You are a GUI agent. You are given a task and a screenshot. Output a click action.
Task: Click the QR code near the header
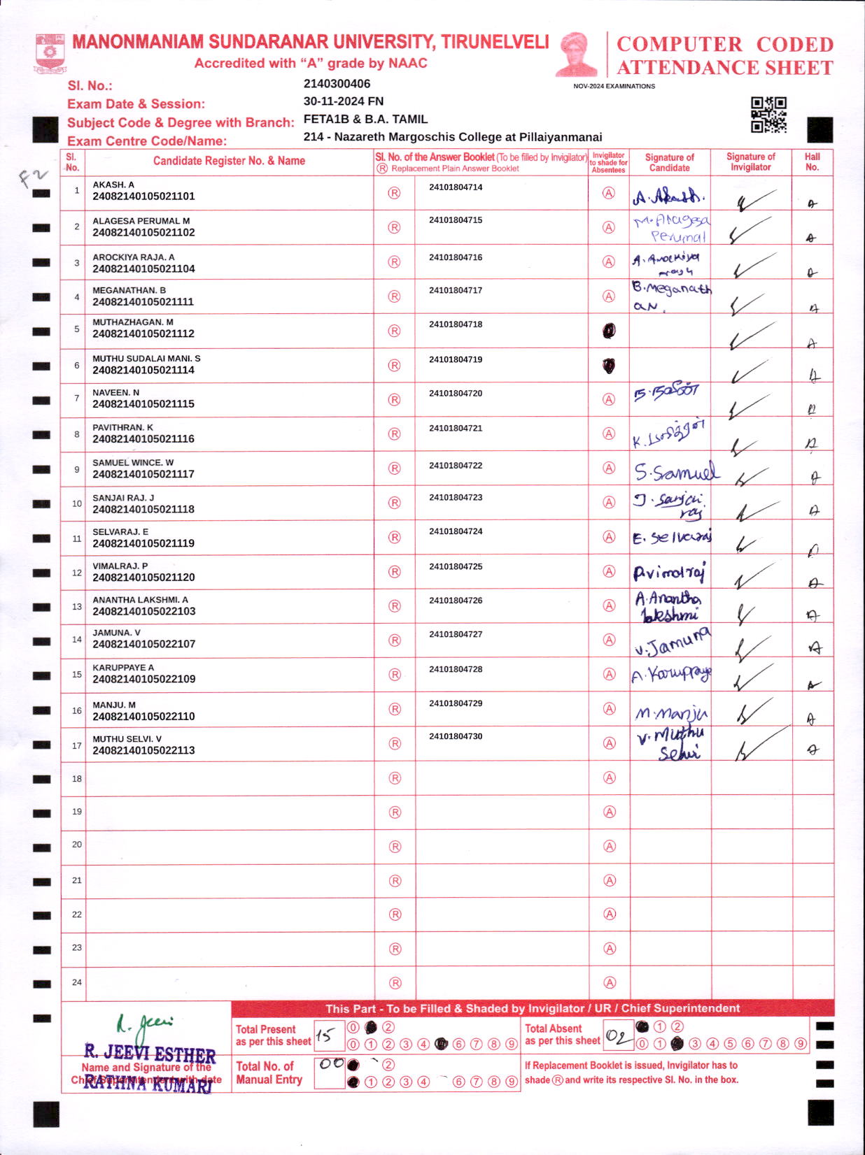768,115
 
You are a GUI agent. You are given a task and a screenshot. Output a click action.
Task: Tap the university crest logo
50,53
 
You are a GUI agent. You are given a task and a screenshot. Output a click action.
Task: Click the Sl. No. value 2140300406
337,84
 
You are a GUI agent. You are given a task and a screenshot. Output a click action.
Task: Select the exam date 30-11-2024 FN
343,101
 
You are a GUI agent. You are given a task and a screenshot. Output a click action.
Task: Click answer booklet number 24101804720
456,394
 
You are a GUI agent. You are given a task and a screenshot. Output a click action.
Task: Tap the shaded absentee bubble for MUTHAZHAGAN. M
609,331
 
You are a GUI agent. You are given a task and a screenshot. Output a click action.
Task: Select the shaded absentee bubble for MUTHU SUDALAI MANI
609,365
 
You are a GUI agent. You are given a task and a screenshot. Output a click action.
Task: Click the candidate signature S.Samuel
675,472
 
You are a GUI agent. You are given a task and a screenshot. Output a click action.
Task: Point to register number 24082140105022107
143,644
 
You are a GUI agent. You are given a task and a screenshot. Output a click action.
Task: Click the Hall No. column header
812,162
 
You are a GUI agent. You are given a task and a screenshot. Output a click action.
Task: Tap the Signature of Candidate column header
669,163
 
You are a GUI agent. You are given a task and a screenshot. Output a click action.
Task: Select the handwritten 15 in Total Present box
325,1035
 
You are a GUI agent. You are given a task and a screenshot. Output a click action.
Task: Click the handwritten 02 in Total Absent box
617,1036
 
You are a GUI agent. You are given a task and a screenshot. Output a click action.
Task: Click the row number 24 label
77,982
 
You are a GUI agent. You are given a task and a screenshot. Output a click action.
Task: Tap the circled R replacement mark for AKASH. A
394,193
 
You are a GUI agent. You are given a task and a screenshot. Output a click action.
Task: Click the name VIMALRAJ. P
120,566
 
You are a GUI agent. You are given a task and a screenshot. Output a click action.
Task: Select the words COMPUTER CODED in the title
724,44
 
